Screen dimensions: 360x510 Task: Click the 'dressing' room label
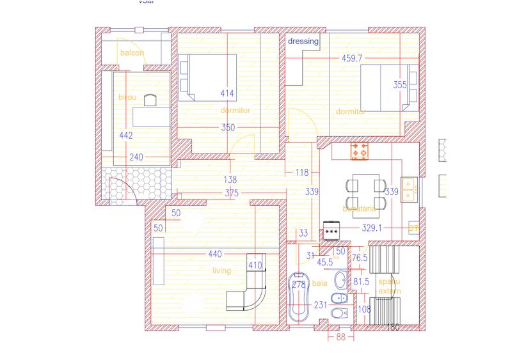click(303, 42)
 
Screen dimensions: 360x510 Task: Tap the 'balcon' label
click(132, 53)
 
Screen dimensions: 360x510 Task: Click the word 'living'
click(221, 271)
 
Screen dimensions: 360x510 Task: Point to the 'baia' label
click(319, 282)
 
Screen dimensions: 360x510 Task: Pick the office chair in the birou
click(150, 100)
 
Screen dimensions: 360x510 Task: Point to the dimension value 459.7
click(352, 58)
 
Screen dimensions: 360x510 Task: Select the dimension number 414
click(227, 93)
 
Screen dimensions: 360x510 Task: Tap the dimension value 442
click(126, 136)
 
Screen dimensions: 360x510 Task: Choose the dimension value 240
click(136, 157)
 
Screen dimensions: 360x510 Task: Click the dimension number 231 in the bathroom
click(321, 306)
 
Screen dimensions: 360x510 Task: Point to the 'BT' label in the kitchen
click(413, 228)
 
